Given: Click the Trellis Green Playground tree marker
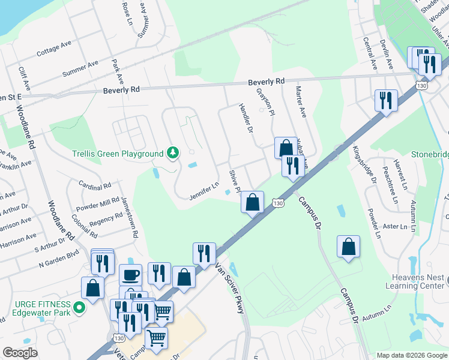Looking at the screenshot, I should click(173, 154).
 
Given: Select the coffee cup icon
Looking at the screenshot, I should click(130, 275).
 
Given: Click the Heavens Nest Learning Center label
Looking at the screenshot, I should click(418, 281).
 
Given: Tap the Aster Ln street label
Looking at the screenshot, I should click(395, 226).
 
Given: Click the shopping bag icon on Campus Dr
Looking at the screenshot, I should click(348, 247).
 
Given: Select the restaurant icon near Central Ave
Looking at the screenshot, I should click(385, 100).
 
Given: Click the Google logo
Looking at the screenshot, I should click(20, 353).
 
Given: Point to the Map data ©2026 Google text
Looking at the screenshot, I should click(412, 355).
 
